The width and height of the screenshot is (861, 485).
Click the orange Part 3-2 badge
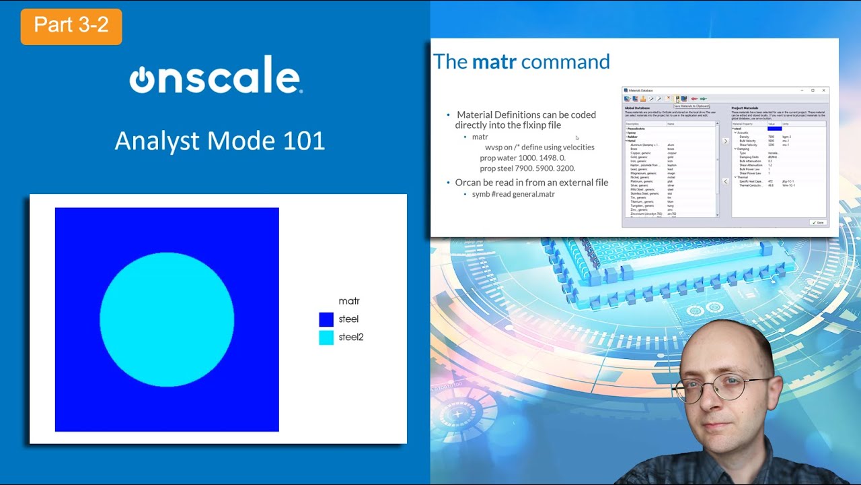(x=71, y=26)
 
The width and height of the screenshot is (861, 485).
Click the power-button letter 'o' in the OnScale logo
(x=142, y=79)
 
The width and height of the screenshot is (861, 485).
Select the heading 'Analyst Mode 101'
(x=219, y=141)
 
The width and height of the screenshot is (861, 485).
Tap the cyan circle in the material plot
(x=167, y=319)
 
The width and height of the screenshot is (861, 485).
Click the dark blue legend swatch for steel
(x=326, y=319)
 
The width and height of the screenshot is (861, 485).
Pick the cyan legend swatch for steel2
(x=326, y=337)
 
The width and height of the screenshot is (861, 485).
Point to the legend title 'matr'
(x=348, y=301)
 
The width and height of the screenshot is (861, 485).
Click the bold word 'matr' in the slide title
(x=494, y=62)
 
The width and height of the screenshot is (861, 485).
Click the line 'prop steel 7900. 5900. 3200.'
(x=527, y=168)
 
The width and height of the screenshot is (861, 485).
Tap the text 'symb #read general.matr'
(x=513, y=194)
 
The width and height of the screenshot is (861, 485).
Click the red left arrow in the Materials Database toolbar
(x=694, y=98)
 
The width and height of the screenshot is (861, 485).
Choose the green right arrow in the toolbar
(x=703, y=98)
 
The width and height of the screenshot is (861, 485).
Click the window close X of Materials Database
(x=823, y=90)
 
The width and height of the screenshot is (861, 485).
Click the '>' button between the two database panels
(x=725, y=141)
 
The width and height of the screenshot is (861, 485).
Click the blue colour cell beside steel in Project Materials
(x=774, y=129)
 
